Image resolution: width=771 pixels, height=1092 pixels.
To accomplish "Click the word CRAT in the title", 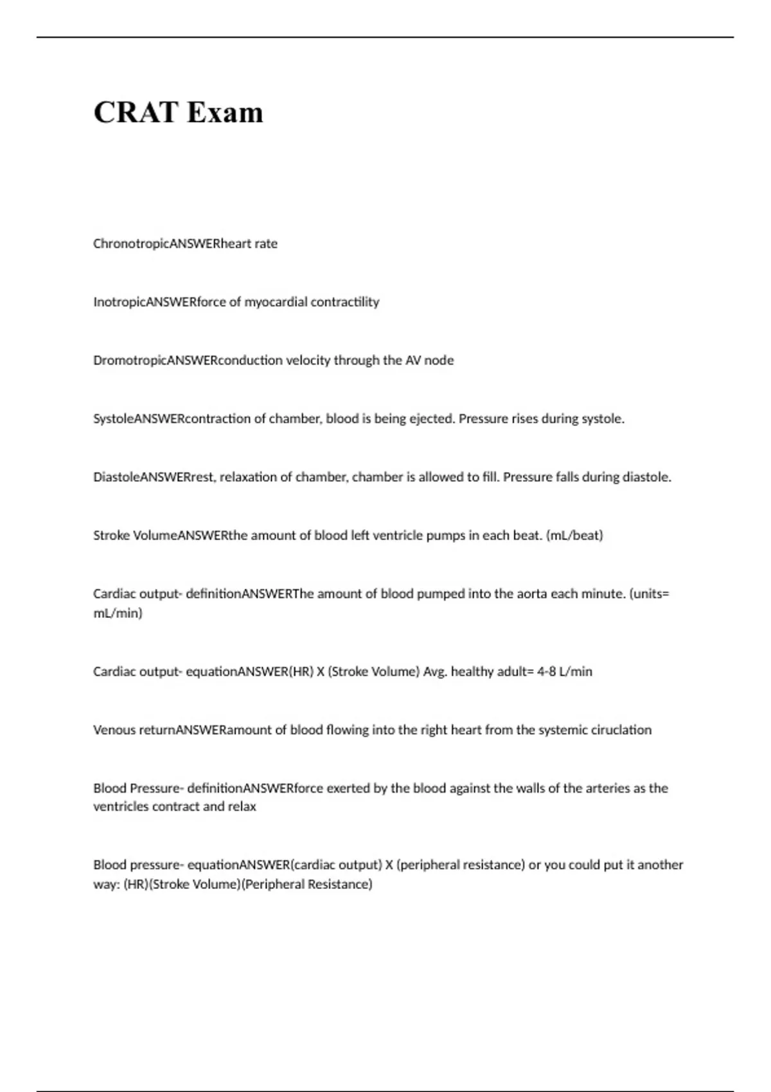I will (x=136, y=112).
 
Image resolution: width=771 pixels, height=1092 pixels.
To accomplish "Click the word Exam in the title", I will (x=225, y=112).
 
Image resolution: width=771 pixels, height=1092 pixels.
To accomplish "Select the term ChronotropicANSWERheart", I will (x=171, y=243).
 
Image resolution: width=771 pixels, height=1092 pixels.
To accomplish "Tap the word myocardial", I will (x=275, y=302).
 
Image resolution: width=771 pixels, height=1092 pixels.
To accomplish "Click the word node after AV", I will (x=439, y=360).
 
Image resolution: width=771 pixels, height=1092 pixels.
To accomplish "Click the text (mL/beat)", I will (x=574, y=536).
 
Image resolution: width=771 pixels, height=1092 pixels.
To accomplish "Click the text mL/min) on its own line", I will (x=118, y=613).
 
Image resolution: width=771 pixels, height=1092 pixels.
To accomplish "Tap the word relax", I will (x=242, y=807).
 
